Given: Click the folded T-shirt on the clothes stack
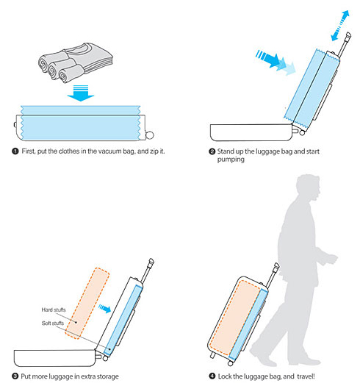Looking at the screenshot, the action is click(94, 57).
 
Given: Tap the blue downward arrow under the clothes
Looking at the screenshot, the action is click(81, 93).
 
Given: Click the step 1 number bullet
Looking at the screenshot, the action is click(15, 151).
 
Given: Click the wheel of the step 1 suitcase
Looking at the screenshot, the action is click(150, 135).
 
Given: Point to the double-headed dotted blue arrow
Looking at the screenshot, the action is click(340, 26).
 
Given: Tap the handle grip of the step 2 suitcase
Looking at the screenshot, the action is click(348, 37).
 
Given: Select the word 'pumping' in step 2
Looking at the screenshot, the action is click(231, 160).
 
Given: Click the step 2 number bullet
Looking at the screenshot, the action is click(212, 151).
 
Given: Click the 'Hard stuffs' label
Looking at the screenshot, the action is click(54, 309).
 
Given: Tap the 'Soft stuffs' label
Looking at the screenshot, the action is click(53, 323).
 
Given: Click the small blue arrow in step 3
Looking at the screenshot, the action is click(104, 309).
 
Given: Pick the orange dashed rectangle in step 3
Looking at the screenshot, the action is click(87, 304).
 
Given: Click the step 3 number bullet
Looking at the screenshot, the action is click(15, 376).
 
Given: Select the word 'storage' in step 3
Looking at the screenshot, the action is click(107, 376).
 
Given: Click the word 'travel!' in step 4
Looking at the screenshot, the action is click(306, 376).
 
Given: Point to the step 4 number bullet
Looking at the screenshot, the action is click(212, 376).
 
